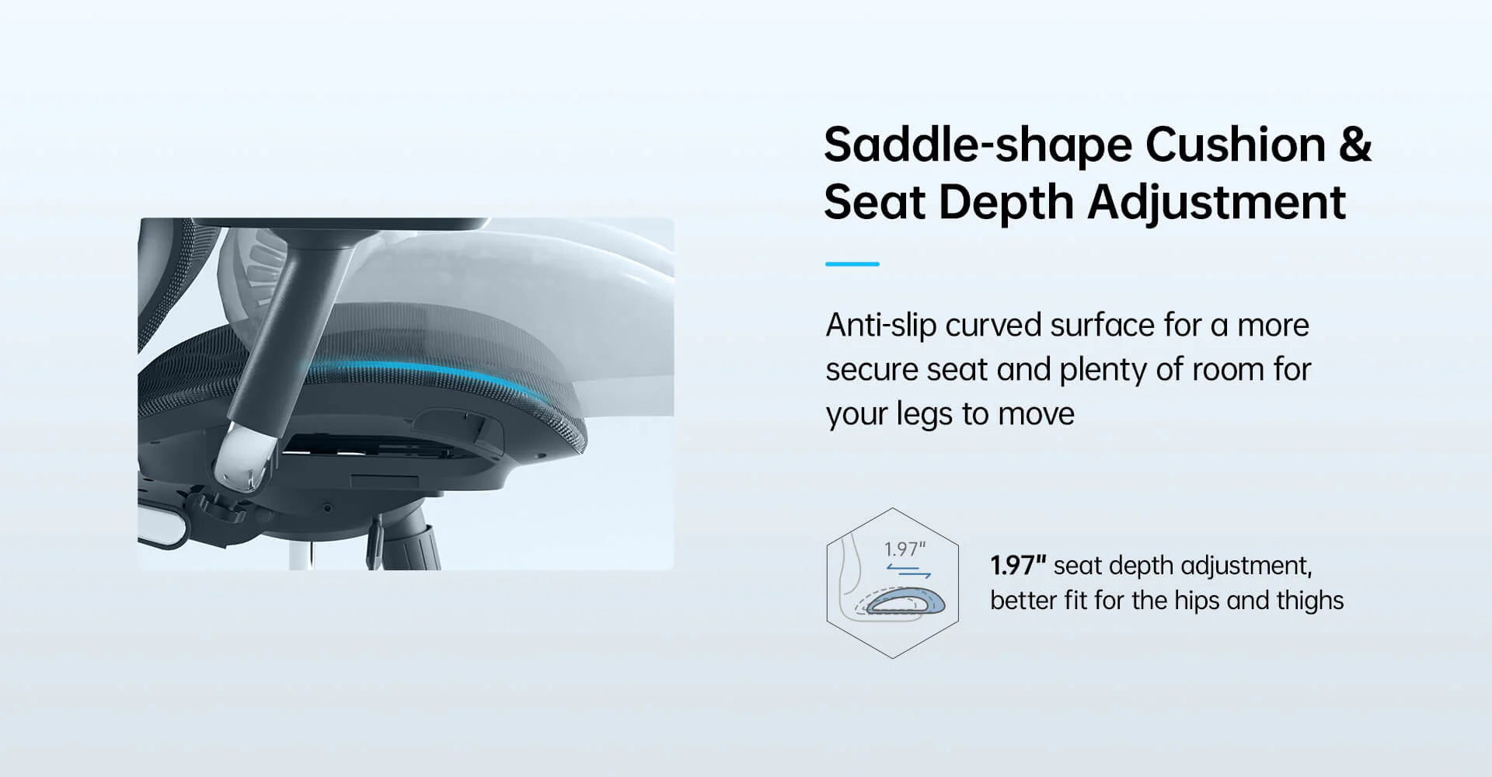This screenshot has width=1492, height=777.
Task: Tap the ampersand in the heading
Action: point(1354,145)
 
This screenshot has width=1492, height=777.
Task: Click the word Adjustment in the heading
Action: point(1215,204)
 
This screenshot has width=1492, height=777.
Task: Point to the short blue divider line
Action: point(852,264)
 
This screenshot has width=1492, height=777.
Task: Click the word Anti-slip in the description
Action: point(880,326)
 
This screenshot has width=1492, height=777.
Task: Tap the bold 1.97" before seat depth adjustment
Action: point(1018,565)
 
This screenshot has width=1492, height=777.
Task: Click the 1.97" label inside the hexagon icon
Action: point(905,549)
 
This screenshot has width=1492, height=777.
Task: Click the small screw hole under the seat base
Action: point(327,508)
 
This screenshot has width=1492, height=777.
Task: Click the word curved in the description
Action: point(992,326)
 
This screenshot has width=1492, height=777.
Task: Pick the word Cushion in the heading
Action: point(1236,146)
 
